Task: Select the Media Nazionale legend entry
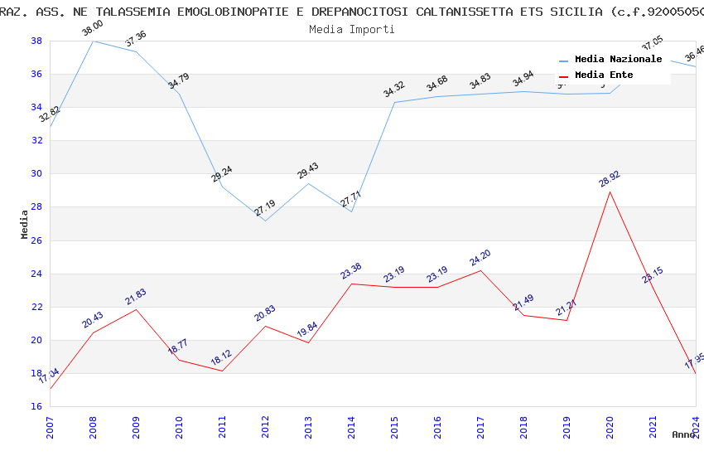point(618,59)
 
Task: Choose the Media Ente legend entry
point(604,75)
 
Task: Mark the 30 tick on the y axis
point(36,174)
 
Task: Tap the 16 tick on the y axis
point(36,407)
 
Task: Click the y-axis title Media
point(25,224)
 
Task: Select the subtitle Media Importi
point(352,29)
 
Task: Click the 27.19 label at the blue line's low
point(264,208)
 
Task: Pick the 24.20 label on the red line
point(480,258)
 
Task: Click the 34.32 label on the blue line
point(394,90)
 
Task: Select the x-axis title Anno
point(683,434)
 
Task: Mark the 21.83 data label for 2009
point(135,297)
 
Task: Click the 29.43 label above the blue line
point(307,171)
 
